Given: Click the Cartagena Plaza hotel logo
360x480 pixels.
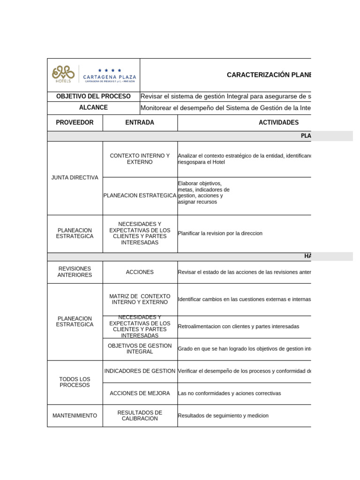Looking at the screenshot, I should pos(93,75).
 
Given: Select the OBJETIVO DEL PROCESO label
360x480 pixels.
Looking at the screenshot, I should pos(93,96).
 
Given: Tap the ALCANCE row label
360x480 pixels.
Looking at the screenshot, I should pos(93,108).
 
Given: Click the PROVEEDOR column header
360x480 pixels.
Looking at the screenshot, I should pos(75,122).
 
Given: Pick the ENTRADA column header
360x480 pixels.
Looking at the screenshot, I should pos(140,122).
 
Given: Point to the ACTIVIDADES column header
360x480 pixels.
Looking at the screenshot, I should pos(278,122).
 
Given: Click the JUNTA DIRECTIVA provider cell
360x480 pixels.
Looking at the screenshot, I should pos(75,178).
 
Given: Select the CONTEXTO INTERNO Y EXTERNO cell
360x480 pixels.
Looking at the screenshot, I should pos(140,159).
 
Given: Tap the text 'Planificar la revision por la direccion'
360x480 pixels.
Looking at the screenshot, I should pos(220,233).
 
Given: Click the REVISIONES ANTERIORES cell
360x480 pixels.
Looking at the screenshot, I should pos(75,272).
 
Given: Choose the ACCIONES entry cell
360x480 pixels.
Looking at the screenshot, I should pos(140,272).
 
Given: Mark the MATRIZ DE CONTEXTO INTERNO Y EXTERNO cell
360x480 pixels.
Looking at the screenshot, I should pos(140,299).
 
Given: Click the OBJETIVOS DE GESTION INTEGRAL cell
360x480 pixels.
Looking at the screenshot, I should pos(140,348).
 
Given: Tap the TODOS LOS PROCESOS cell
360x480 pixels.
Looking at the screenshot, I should pos(75,382).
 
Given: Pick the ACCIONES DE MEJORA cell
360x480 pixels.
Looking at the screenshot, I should pos(140,393).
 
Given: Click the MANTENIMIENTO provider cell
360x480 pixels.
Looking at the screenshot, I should pos(75,415).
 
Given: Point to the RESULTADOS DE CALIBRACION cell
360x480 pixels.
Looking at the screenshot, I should pos(140,415).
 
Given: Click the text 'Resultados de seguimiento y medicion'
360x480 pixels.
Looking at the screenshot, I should pos(223,416).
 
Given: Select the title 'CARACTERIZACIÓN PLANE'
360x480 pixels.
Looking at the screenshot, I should pos(269,75).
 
